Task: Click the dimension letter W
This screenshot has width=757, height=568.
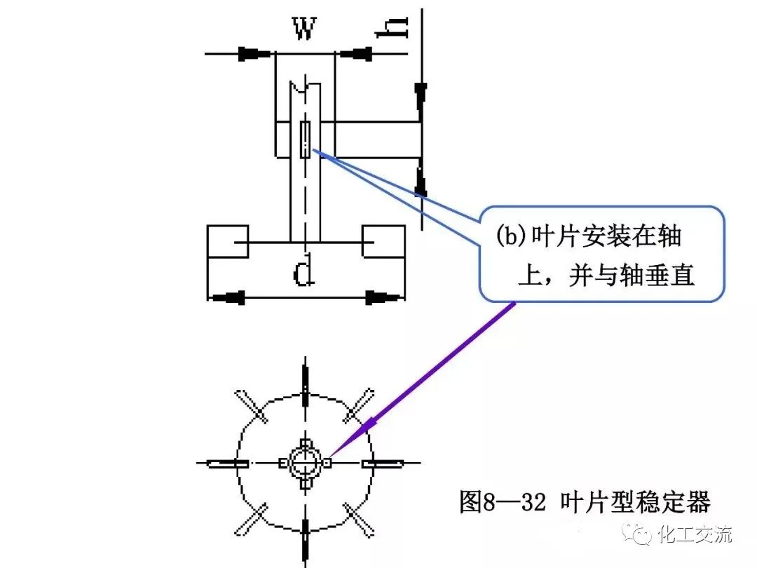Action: [x=304, y=29]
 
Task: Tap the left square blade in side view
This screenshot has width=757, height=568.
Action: [x=228, y=242]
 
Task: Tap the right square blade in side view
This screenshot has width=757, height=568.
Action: [x=383, y=242]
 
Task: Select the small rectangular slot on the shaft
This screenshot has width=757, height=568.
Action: [x=306, y=140]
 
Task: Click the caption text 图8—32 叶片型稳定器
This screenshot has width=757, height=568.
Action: [x=585, y=502]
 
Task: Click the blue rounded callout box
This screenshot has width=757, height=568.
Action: [x=601, y=254]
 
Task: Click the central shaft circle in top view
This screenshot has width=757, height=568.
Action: [x=305, y=463]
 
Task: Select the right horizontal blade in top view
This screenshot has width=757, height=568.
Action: [x=382, y=464]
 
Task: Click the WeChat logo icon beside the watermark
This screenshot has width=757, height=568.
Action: [x=642, y=536]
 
